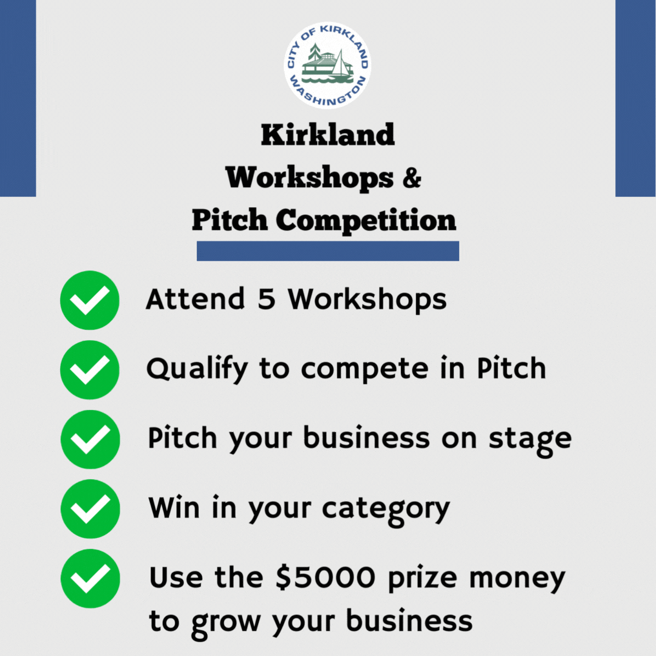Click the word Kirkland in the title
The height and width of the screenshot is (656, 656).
[327, 135]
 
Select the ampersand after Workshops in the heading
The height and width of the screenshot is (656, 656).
[411, 179]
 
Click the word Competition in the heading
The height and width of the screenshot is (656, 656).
[366, 220]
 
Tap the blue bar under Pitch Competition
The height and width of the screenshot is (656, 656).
[327, 251]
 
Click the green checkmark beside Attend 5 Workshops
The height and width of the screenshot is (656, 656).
[90, 300]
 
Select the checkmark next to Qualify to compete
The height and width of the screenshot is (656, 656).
[90, 369]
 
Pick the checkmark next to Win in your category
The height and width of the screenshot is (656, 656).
[90, 508]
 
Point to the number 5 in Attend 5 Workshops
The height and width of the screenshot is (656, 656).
[266, 299]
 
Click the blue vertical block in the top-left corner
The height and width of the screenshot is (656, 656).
[18, 97]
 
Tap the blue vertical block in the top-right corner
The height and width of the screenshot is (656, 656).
[635, 97]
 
